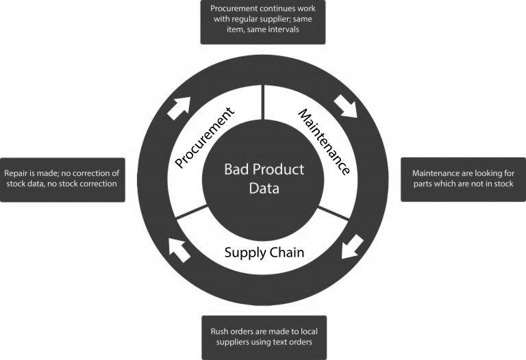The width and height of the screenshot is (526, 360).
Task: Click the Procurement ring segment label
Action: point(205,138)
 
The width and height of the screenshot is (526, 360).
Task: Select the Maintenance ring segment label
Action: point(325,142)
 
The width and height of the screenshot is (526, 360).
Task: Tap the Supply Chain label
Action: point(264,253)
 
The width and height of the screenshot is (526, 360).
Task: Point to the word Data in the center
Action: point(264,188)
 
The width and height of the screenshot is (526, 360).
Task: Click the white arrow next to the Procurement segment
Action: point(179,108)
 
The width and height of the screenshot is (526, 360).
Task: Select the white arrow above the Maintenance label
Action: point(345,106)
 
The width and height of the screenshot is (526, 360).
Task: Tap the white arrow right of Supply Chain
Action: point(352,246)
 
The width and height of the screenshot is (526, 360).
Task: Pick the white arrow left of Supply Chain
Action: point(179,250)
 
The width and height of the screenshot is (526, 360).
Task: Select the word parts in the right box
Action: point(423,184)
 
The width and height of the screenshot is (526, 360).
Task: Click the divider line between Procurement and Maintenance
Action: point(263,102)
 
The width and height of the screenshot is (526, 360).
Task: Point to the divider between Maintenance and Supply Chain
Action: point(334,213)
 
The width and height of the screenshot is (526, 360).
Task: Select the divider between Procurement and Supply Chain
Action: point(191,212)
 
